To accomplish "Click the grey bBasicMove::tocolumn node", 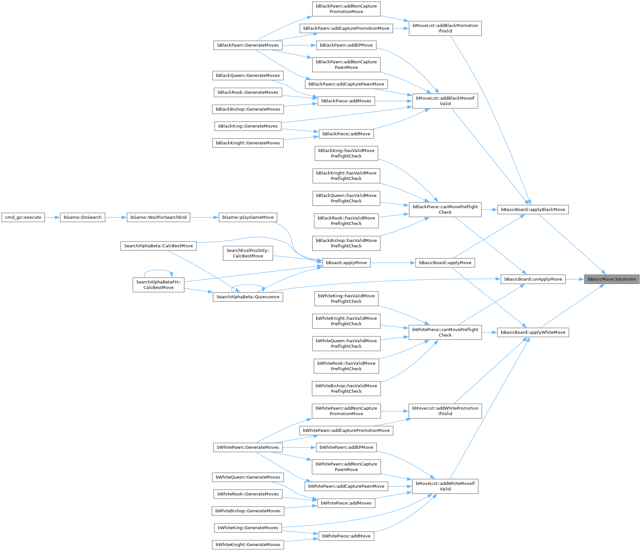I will (x=611, y=279).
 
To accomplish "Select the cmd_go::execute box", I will (x=23, y=217).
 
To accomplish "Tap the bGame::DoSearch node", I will (x=82, y=217).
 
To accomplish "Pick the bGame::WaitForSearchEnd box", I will (x=158, y=217).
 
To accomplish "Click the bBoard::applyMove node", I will (x=346, y=263).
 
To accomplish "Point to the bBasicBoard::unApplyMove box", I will (x=533, y=279).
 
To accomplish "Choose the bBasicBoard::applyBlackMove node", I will (x=533, y=210).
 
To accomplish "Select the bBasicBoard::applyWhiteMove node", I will (x=533, y=332).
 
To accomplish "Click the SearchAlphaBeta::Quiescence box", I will (x=248, y=297).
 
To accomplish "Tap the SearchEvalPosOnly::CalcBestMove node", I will (x=248, y=253).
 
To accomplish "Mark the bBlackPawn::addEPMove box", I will (x=346, y=45).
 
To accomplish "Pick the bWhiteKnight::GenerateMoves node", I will (x=248, y=545).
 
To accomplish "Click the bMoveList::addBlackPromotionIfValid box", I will (x=445, y=29).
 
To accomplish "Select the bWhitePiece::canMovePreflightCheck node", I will (x=445, y=332).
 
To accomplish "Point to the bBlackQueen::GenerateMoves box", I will (x=248, y=76).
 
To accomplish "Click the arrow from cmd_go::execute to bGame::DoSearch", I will (x=52, y=217).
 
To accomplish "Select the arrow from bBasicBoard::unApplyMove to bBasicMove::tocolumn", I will (x=575, y=279).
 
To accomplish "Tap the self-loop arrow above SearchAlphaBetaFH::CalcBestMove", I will (x=158, y=270).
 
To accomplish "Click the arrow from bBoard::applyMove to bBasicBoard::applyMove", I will (x=393, y=263).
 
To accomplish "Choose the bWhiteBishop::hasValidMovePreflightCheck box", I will (x=346, y=389).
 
